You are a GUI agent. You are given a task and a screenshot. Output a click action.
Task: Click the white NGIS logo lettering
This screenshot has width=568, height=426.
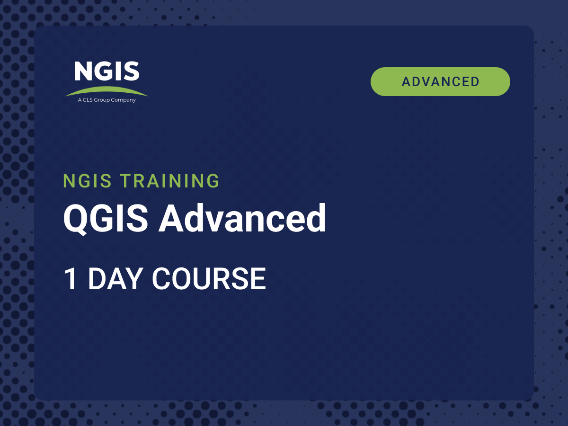107,71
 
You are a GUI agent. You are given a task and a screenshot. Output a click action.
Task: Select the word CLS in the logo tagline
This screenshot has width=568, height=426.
88,100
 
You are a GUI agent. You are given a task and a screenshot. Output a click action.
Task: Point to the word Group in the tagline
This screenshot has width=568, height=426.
102,100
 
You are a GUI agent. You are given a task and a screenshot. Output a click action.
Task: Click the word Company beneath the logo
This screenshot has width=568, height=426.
123,100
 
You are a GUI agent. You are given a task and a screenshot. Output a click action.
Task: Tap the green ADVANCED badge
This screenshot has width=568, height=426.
440,82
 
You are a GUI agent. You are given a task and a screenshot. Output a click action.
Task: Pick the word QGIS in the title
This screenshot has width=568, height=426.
106,219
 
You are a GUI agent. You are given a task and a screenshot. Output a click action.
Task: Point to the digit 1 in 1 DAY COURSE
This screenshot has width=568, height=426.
71,279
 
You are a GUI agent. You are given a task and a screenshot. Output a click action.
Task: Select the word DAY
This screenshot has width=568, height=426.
115,279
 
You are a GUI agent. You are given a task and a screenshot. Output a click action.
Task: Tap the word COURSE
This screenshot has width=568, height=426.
209,279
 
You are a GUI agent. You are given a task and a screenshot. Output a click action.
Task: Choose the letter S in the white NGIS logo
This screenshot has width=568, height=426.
131,71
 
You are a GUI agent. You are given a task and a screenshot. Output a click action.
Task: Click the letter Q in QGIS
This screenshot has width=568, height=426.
75,219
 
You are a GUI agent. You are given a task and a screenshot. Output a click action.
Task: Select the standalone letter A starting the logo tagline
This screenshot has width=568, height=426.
80,100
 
